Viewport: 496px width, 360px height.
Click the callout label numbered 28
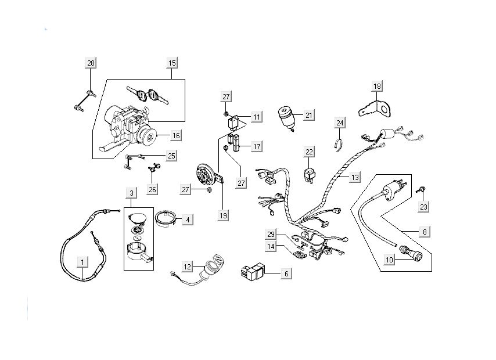pyautogui.click(x=91, y=63)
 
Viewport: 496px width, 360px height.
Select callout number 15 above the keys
pyautogui.click(x=172, y=63)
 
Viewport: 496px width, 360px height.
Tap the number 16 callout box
pyautogui.click(x=176, y=135)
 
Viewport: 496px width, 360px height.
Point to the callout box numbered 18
pyautogui.click(x=378, y=87)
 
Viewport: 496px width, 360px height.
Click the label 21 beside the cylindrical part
pyautogui.click(x=309, y=116)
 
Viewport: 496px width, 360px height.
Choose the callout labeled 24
pyautogui.click(x=340, y=123)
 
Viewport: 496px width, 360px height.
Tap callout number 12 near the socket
pyautogui.click(x=187, y=267)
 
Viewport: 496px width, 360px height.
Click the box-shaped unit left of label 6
pyautogui.click(x=253, y=271)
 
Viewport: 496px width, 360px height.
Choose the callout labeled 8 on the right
pyautogui.click(x=425, y=232)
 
